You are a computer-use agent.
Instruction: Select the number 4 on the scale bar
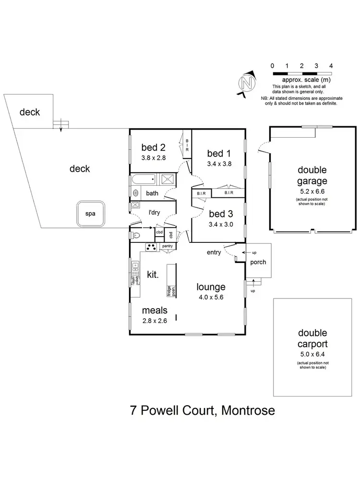tap(331, 66)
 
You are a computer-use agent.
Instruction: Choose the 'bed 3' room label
tap(219, 215)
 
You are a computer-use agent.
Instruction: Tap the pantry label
tap(167, 246)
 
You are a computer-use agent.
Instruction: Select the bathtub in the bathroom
tap(144, 181)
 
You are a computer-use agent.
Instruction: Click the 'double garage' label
tap(312, 176)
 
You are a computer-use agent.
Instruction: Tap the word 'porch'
tap(258, 263)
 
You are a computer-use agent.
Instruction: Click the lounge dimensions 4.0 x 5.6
tap(211, 297)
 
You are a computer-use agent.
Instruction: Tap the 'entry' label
tap(214, 252)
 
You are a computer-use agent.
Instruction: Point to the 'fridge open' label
tap(169, 291)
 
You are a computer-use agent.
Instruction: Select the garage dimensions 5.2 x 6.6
tap(312, 191)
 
